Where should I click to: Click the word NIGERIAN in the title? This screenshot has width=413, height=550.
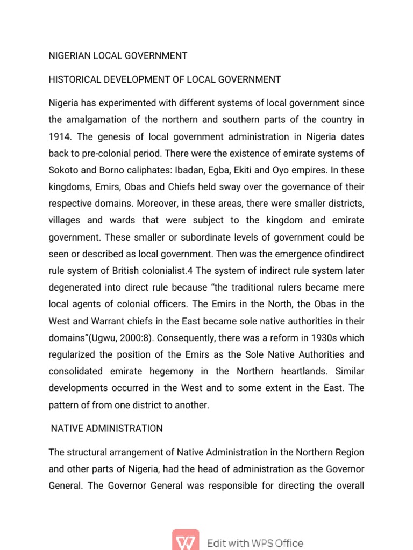click(x=68, y=55)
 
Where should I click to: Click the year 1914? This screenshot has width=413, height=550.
click(x=59, y=137)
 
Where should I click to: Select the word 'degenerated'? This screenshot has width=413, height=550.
click(x=74, y=288)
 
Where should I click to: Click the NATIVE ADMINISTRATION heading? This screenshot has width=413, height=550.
click(x=106, y=428)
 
